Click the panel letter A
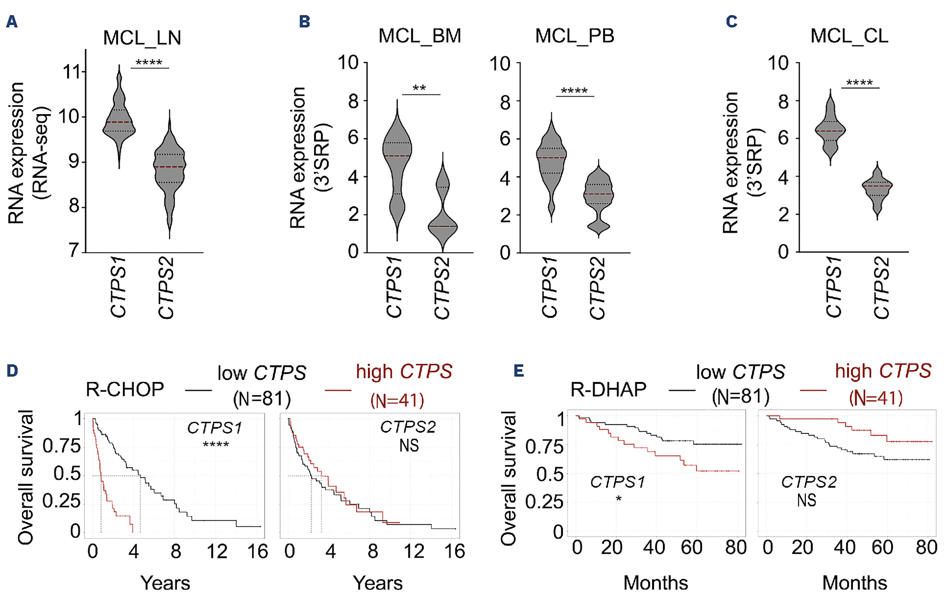[12, 21]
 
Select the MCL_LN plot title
[142, 38]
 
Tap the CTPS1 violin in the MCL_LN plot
[119, 122]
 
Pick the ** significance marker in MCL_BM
[419, 88]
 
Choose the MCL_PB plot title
[575, 36]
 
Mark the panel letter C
[732, 21]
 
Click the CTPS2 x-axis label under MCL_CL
[881, 288]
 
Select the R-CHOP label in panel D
[125, 390]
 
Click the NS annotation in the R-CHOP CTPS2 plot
[409, 446]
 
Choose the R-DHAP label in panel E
[608, 390]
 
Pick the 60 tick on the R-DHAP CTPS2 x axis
[882, 547]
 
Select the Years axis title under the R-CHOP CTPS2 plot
[378, 583]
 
